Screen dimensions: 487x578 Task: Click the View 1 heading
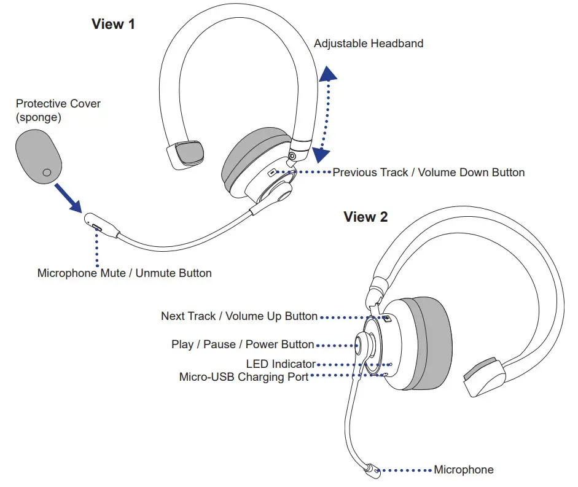(x=113, y=25)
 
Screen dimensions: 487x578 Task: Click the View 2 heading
(x=365, y=217)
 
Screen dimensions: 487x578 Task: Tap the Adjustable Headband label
(x=368, y=44)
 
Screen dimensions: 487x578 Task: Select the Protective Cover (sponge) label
(x=58, y=109)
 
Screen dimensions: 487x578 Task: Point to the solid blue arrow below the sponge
(x=69, y=197)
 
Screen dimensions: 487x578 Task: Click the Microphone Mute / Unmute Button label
(x=124, y=273)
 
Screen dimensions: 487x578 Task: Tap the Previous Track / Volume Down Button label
(x=428, y=173)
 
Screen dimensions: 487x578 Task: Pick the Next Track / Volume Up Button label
(x=239, y=316)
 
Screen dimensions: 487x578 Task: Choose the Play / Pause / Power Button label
(x=243, y=345)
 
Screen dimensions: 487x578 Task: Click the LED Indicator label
(x=281, y=365)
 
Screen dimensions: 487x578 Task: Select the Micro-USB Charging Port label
(x=243, y=377)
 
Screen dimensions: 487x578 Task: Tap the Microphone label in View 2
(x=463, y=470)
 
